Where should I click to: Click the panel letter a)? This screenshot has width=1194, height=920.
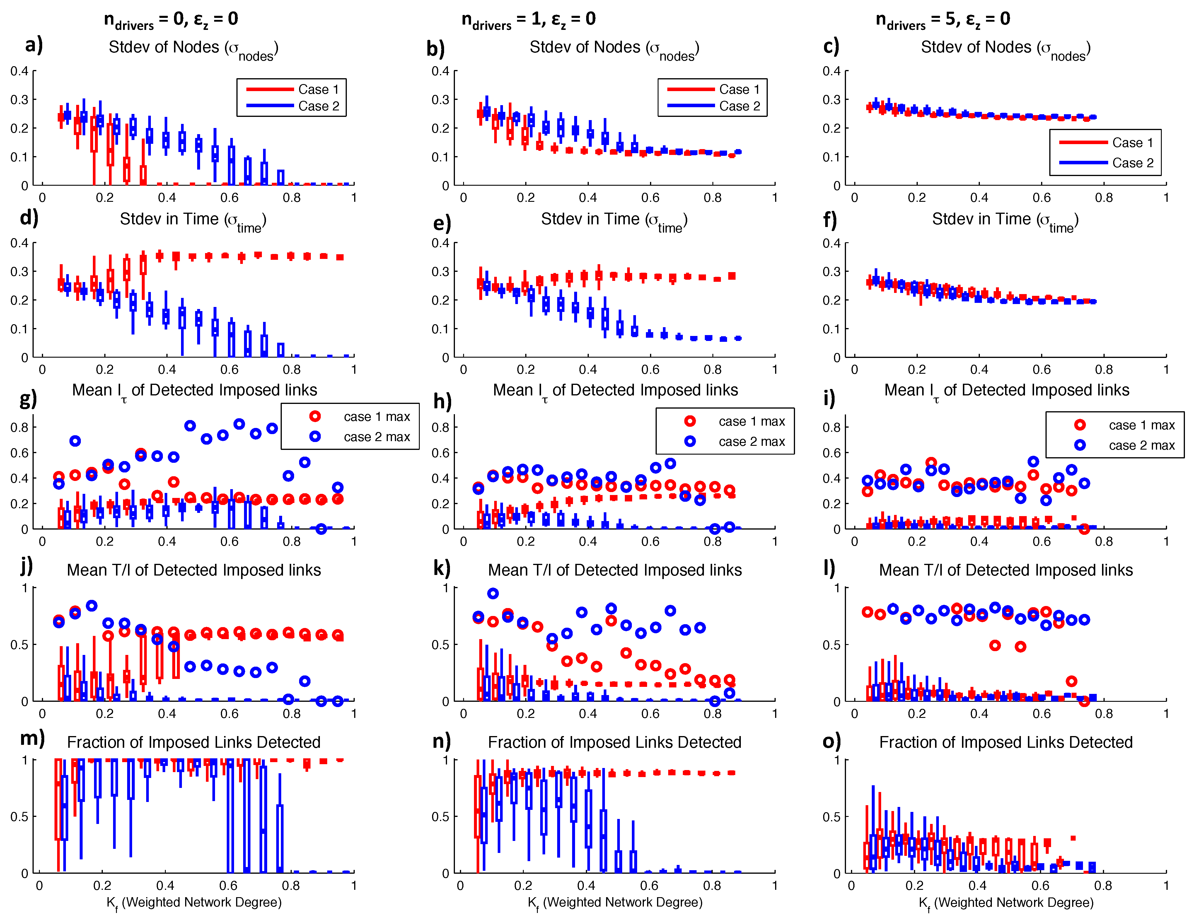point(33,45)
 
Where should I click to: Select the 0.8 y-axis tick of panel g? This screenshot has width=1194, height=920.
point(20,427)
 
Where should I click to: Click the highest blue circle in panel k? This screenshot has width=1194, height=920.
point(493,593)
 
